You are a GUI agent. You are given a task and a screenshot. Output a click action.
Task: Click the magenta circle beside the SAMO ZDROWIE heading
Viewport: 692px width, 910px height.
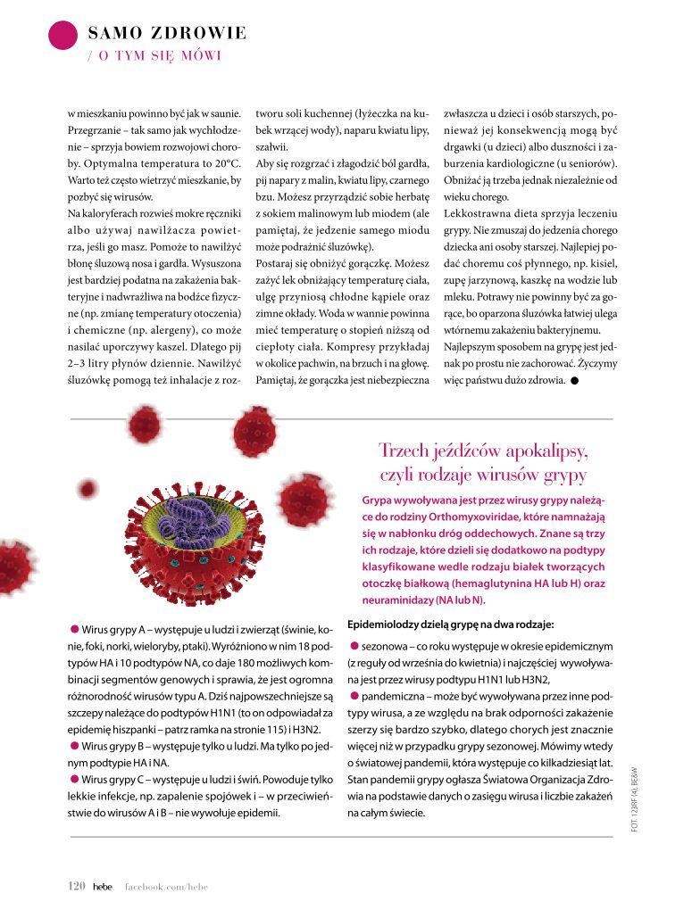pyautogui.click(x=63, y=35)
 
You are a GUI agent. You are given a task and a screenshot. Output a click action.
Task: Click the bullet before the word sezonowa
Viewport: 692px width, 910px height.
pyautogui.click(x=354, y=645)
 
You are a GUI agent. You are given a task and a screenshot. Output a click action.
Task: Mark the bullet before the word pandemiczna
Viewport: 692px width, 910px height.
pyautogui.click(x=354, y=695)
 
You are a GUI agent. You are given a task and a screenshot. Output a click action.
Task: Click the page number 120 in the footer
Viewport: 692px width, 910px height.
pyautogui.click(x=76, y=886)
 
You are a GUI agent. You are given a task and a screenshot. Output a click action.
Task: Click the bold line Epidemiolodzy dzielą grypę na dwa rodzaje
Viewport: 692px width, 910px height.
pyautogui.click(x=450, y=624)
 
